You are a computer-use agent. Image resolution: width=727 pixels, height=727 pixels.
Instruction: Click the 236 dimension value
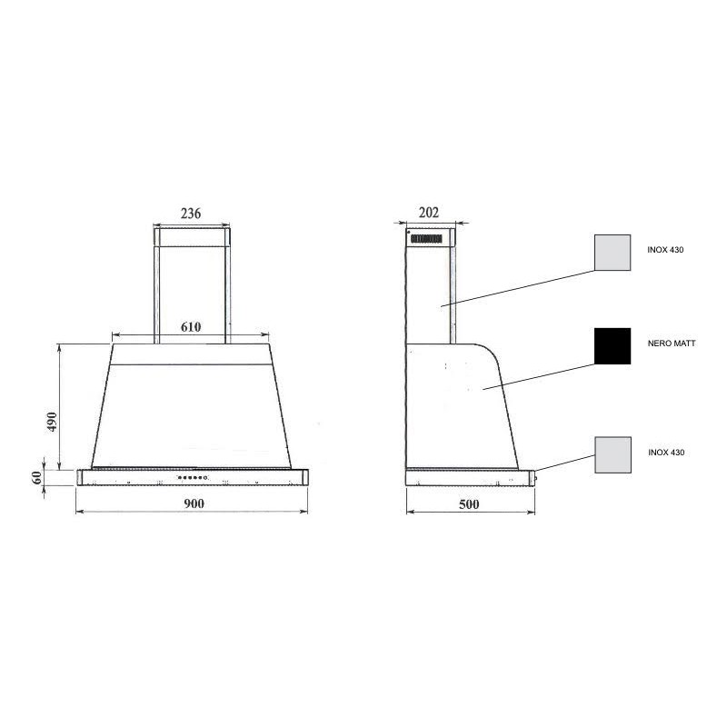click(191, 214)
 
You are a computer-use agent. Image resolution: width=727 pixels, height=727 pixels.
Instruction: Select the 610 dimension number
click(191, 327)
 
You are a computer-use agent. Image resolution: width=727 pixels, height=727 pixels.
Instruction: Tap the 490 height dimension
click(52, 422)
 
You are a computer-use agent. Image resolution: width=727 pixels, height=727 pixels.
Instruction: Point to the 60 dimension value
click(37, 477)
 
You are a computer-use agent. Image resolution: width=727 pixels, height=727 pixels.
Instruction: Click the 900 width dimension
click(194, 503)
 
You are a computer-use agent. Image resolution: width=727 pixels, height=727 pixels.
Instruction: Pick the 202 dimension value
click(428, 213)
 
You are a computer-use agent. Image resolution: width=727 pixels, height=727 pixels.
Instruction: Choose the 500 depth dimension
click(469, 504)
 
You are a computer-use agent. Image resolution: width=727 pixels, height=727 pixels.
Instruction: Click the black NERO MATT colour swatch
click(612, 346)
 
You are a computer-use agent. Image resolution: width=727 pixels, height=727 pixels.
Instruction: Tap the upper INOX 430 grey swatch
click(612, 253)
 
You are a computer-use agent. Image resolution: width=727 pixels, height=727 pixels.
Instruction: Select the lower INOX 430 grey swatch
click(612, 455)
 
